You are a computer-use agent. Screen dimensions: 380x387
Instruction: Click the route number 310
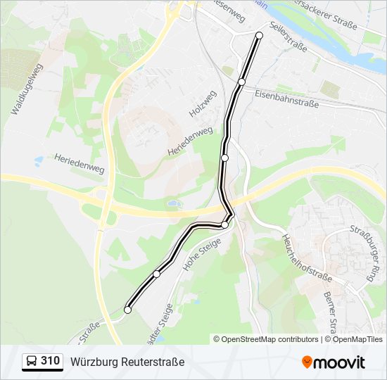pos(50,361)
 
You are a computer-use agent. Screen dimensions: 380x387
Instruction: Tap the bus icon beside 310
pos(32,362)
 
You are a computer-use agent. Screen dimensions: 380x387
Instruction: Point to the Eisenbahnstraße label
pos(286,98)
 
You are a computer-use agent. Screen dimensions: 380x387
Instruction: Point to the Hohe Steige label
pos(202,254)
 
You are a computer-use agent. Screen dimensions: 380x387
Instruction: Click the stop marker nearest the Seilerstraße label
pos(259,35)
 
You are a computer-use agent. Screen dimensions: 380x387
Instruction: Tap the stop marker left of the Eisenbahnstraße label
pos(241,82)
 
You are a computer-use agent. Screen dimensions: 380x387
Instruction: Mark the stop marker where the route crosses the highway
pos(224,224)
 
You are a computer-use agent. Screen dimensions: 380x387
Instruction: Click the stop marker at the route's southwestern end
pos(127,310)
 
